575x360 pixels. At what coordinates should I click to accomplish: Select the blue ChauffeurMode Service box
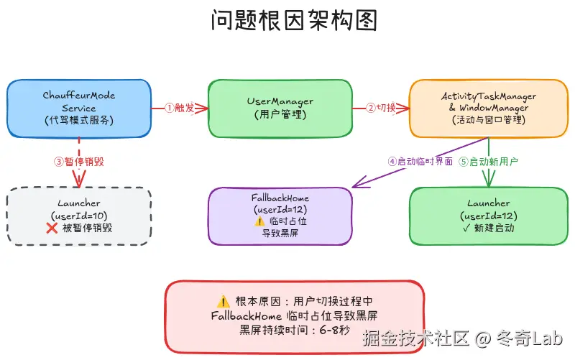click(x=79, y=108)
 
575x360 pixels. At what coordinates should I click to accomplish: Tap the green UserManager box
click(x=280, y=108)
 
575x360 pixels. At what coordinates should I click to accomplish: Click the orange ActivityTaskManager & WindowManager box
click(x=488, y=108)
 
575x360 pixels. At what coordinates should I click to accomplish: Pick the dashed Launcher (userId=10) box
click(x=79, y=216)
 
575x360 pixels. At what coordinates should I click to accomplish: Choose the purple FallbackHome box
click(x=280, y=216)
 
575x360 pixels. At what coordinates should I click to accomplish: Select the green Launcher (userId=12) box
click(x=488, y=216)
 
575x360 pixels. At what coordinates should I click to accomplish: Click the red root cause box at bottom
click(x=294, y=315)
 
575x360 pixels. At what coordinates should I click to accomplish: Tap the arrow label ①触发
click(x=180, y=108)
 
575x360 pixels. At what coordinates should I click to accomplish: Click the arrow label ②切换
click(x=381, y=108)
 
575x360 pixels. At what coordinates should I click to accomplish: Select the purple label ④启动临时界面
click(x=420, y=162)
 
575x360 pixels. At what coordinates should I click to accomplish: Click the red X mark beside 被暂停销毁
click(x=52, y=229)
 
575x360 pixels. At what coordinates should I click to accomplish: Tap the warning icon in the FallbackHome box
click(x=260, y=222)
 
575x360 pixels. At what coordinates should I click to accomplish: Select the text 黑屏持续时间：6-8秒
click(x=294, y=330)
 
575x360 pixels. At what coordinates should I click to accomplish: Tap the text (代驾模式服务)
click(x=79, y=120)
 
